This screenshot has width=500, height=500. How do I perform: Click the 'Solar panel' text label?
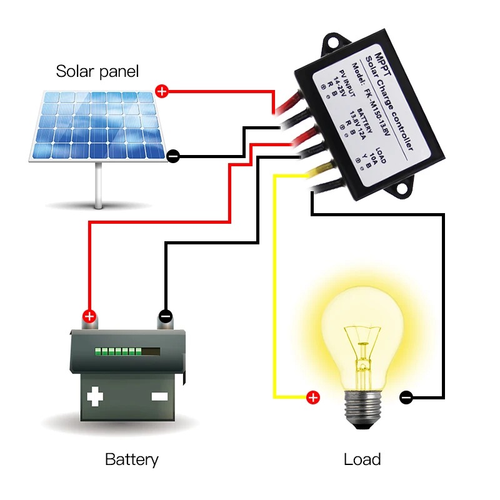point(97,71)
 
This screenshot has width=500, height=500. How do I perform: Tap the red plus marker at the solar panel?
point(162,92)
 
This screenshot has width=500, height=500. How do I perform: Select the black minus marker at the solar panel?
point(174,156)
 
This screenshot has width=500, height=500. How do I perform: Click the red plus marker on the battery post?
point(89,316)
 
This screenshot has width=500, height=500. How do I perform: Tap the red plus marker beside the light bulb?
point(312,397)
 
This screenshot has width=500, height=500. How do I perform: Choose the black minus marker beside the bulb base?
point(406,397)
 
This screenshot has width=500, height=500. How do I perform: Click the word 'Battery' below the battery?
point(131,460)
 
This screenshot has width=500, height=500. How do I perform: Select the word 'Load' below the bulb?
point(362,460)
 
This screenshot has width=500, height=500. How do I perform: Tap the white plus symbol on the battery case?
point(95,396)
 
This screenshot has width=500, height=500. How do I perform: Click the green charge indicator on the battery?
point(117,352)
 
